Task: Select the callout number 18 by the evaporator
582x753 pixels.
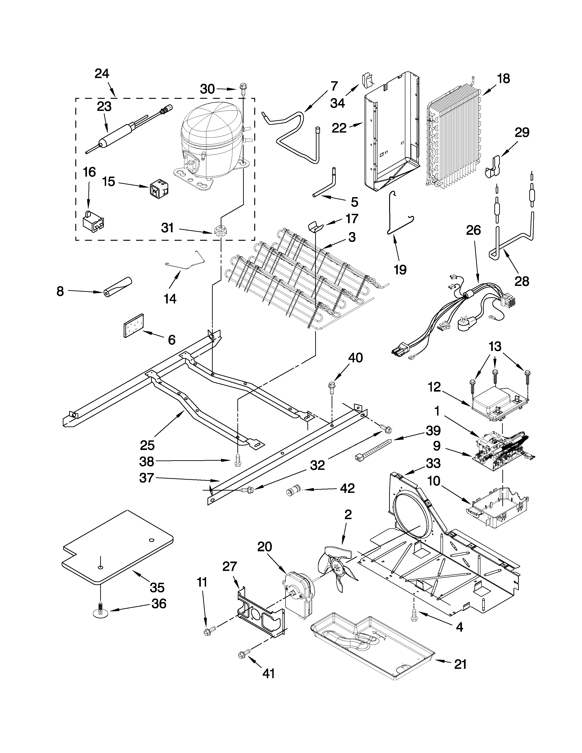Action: coord(503,79)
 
